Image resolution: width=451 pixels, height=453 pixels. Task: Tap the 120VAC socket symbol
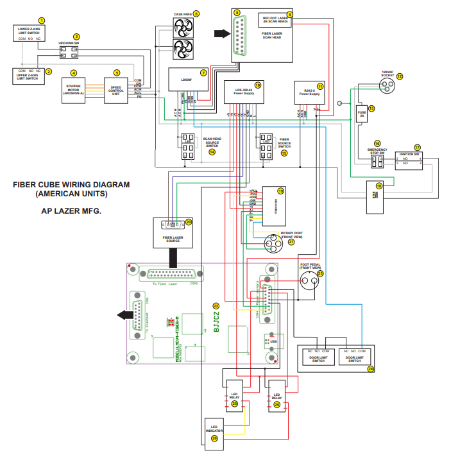pyautogui.click(x=387, y=89)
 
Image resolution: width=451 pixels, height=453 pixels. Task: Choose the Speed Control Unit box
pyautogui.click(x=116, y=90)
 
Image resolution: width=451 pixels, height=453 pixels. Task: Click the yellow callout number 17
pyautogui.click(x=417, y=148)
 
